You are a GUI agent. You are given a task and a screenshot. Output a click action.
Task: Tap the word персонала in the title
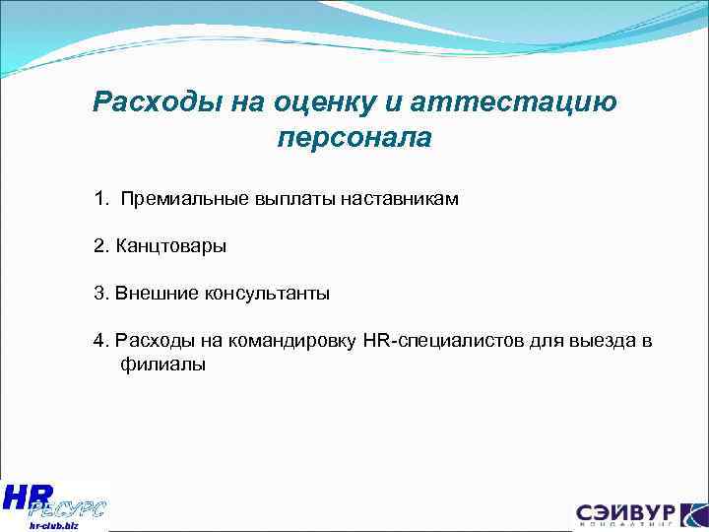(x=354, y=137)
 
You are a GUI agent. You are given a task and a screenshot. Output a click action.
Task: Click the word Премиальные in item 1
(x=174, y=200)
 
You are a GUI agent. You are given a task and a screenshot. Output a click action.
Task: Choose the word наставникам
(x=400, y=200)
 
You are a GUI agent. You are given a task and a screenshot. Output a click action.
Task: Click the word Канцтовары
(x=170, y=246)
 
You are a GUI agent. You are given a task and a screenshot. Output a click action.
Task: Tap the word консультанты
(x=267, y=294)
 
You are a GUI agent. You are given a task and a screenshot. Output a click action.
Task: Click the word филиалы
(x=162, y=365)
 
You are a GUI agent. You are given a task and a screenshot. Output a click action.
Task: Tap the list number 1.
(x=100, y=200)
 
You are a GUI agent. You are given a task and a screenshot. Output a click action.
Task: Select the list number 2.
(x=100, y=246)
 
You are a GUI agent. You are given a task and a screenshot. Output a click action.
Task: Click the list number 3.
(x=100, y=294)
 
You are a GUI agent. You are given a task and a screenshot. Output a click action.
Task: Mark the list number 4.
(x=100, y=341)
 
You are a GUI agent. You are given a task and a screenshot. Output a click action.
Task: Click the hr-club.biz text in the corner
(x=46, y=526)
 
